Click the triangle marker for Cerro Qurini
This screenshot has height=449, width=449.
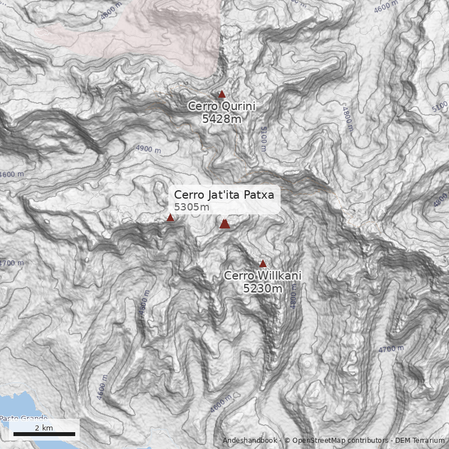pyautogui.click(x=222, y=94)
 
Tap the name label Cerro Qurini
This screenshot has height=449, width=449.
pyautogui.click(x=221, y=106)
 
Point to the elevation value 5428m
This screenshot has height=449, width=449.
pyautogui.click(x=222, y=118)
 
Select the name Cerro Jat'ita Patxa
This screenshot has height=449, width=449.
pyautogui.click(x=224, y=195)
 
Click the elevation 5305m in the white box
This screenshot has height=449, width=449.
pyautogui.click(x=191, y=207)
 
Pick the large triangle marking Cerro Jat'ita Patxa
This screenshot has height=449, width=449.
pyautogui.click(x=225, y=224)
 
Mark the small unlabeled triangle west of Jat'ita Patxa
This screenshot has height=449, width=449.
pyautogui.click(x=171, y=218)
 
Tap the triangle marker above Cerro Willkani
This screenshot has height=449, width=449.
pyautogui.click(x=263, y=263)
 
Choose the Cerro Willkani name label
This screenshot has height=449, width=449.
pyautogui.click(x=263, y=276)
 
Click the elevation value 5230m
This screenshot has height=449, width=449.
pyautogui.click(x=263, y=288)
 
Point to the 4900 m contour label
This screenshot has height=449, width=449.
pyautogui.click(x=148, y=149)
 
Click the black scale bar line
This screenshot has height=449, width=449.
pyautogui.click(x=44, y=434)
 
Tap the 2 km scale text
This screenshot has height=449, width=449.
pyautogui.click(x=44, y=428)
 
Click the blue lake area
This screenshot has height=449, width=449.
pyautogui.click(x=14, y=410)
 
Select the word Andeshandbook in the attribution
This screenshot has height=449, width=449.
pyautogui.click(x=249, y=441)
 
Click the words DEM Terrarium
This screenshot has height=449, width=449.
pyautogui.click(x=419, y=441)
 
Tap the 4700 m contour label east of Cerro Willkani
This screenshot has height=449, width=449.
pyautogui.click(x=391, y=349)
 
